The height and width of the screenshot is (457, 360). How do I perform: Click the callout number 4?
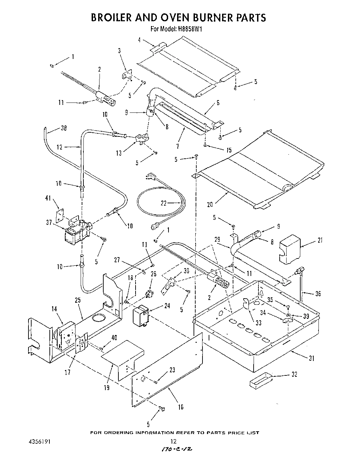point(140,40)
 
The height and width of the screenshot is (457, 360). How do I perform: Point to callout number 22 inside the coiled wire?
point(164,203)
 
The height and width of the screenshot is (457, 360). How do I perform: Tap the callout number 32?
point(294,374)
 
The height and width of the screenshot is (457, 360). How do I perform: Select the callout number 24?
point(167,306)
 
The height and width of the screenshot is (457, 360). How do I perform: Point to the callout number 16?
point(181,407)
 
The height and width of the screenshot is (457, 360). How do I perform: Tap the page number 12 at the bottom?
point(174,442)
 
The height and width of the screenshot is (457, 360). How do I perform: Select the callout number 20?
point(210,204)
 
